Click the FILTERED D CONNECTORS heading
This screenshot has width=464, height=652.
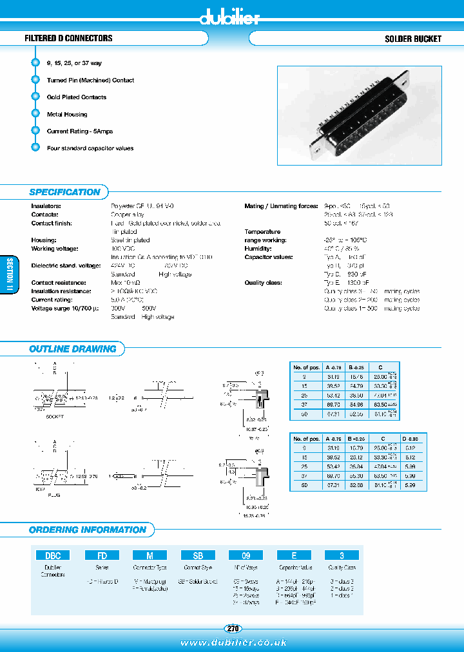[x=68, y=39]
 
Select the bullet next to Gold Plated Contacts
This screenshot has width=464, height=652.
[x=35, y=97]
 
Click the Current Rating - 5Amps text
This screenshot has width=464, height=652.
[x=79, y=131]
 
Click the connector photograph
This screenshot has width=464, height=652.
[x=359, y=116]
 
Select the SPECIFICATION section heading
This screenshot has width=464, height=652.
[x=64, y=192]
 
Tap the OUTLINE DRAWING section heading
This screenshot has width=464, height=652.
[x=72, y=349]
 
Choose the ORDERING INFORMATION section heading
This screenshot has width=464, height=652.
[x=88, y=530]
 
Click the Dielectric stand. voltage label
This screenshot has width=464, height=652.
[x=66, y=265]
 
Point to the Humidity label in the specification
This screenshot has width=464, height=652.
[x=258, y=249]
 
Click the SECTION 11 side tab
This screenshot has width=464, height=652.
[x=9, y=276]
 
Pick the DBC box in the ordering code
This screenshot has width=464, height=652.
[x=53, y=555]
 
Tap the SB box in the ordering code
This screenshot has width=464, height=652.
[x=198, y=555]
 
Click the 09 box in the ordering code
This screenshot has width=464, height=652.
[x=246, y=555]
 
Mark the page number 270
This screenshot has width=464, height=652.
[x=233, y=628]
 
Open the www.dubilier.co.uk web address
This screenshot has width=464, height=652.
[x=233, y=643]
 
